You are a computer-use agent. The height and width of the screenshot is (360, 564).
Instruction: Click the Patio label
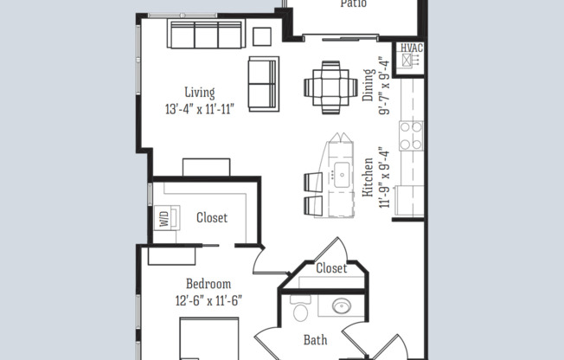tap(353, 4)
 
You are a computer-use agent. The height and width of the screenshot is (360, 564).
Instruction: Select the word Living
tap(199, 93)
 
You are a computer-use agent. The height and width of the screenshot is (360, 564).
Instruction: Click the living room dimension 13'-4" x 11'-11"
tap(199, 109)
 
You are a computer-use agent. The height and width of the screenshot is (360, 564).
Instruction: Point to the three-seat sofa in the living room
tap(205, 35)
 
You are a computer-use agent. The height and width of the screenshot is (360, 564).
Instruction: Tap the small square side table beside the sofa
tap(261, 35)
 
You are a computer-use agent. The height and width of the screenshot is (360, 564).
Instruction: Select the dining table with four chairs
tap(330, 87)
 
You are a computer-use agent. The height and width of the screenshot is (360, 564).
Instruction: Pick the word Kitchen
tap(369, 179)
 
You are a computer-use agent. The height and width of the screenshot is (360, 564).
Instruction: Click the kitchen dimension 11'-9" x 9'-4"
tap(386, 179)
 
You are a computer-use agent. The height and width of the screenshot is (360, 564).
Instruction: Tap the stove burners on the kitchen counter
tap(410, 134)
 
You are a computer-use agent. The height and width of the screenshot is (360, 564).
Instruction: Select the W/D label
tap(163, 219)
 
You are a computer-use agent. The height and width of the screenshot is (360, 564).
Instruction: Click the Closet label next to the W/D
tap(212, 218)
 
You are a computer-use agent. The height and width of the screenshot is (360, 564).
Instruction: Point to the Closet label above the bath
tap(330, 268)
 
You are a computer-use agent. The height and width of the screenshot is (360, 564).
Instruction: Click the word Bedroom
tap(208, 284)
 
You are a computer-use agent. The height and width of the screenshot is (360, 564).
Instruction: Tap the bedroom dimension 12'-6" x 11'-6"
tap(208, 301)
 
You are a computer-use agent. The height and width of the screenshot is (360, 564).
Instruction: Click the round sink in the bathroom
tap(341, 306)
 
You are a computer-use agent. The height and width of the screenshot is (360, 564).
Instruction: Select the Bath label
tap(315, 340)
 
